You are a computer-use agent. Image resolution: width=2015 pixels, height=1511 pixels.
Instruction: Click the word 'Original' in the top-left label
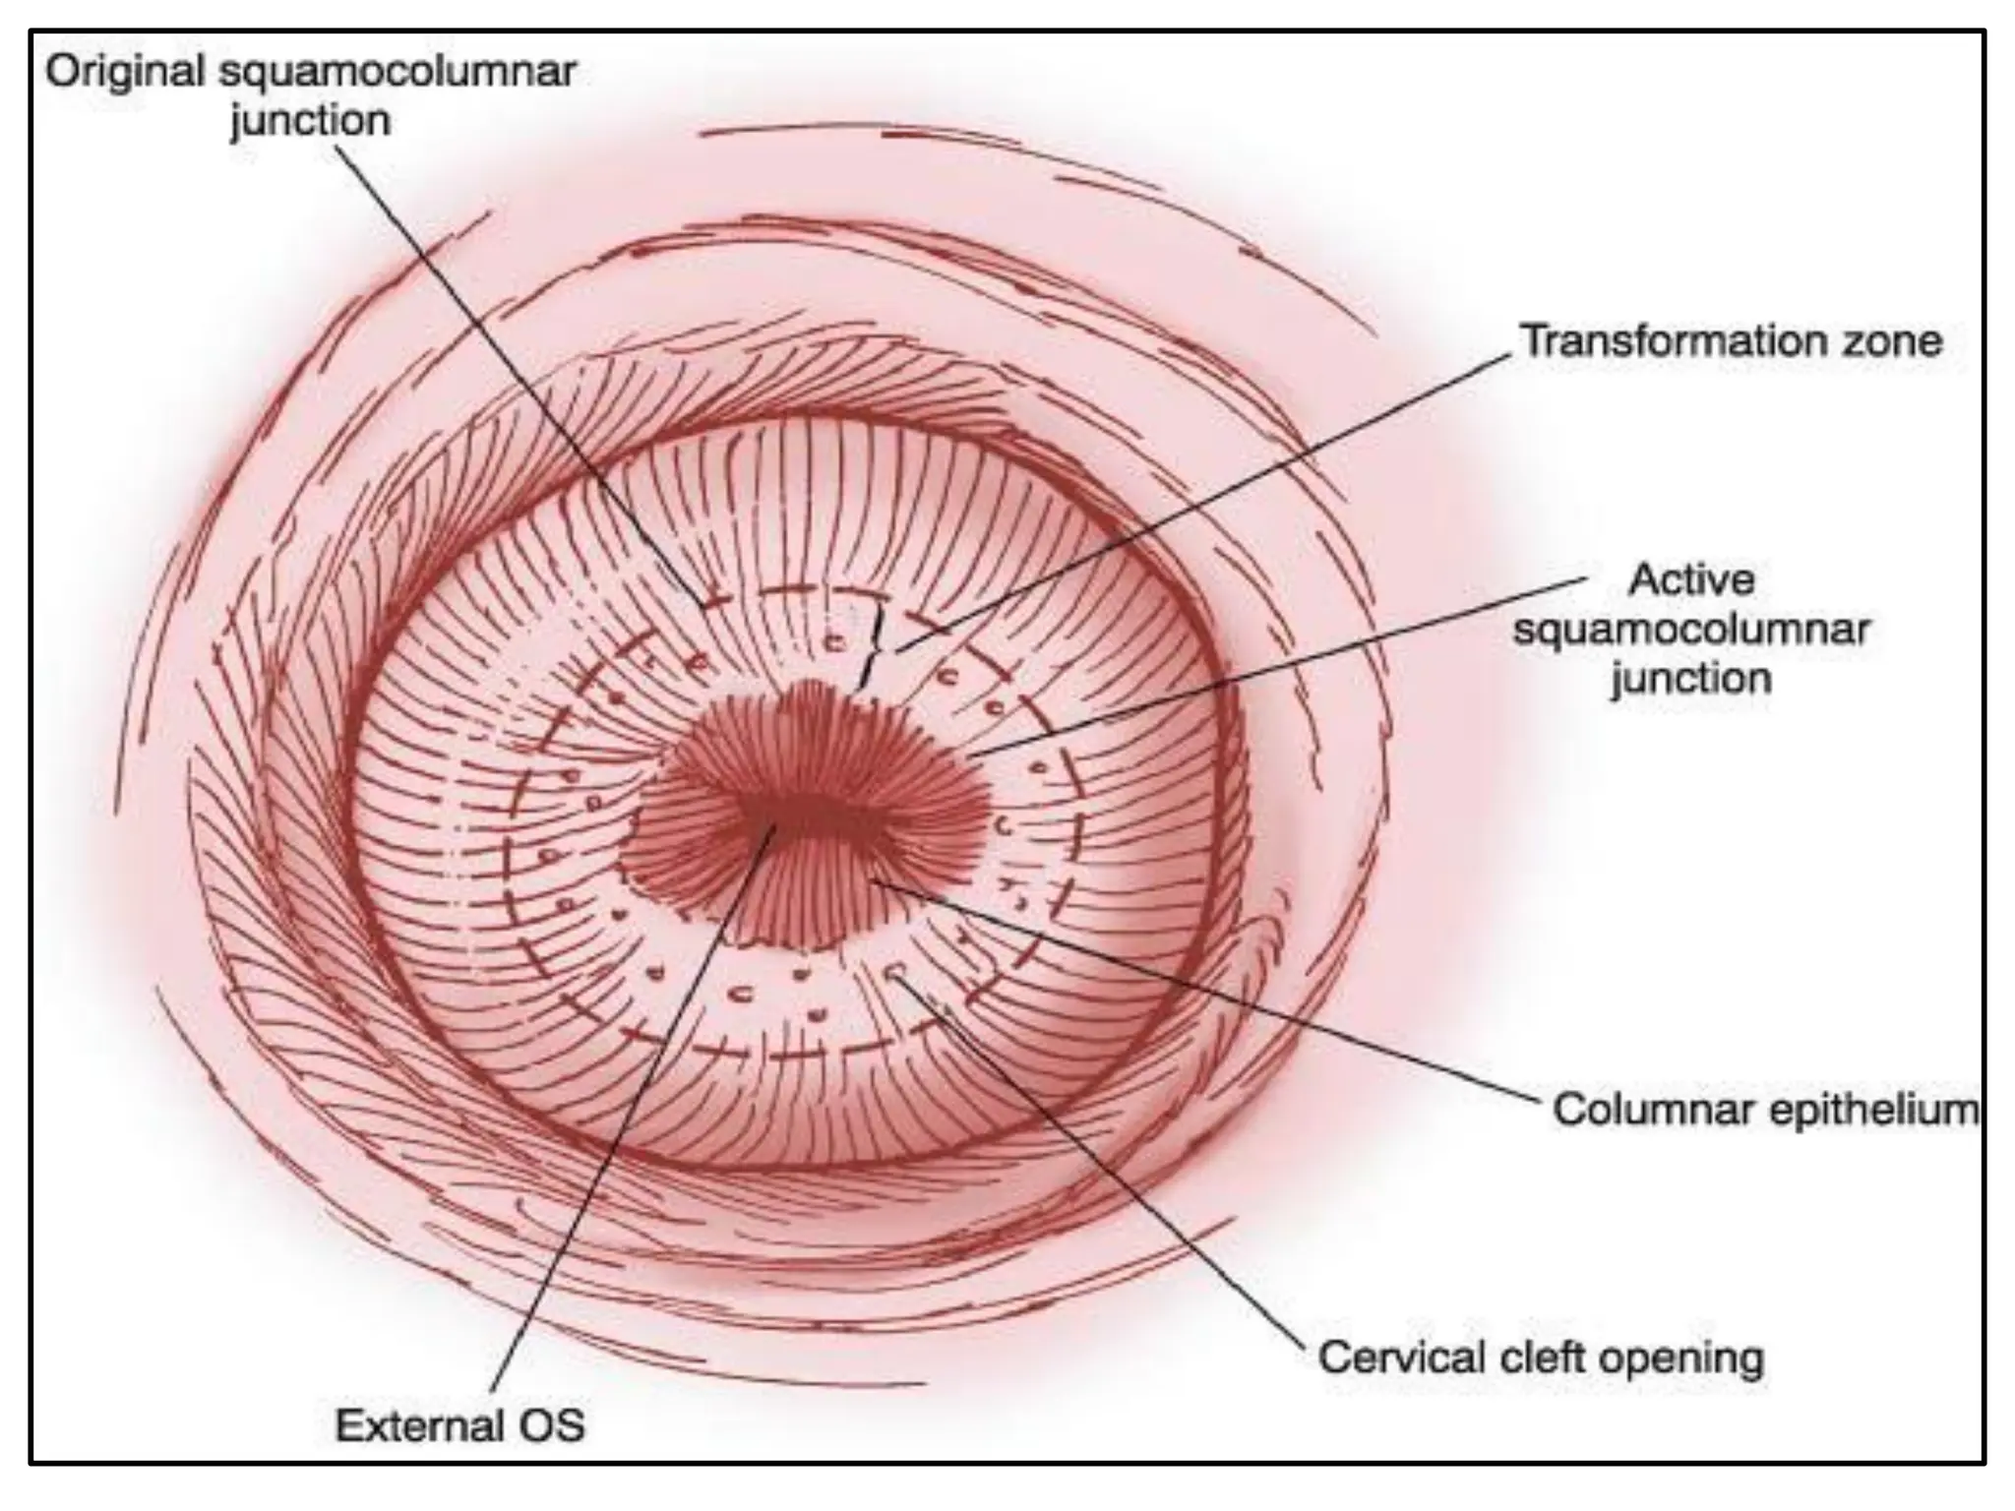[125, 72]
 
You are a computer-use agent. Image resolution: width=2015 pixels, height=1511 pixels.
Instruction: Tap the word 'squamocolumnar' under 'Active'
[1691, 630]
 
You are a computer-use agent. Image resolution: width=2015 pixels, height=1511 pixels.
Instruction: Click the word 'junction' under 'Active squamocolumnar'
[1691, 679]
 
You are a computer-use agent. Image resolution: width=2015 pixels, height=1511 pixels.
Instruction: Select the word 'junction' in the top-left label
[310, 121]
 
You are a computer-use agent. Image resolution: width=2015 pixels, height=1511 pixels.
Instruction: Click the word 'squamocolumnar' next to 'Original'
[394, 72]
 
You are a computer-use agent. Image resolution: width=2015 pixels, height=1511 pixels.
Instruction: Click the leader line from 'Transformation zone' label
[1210, 492]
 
